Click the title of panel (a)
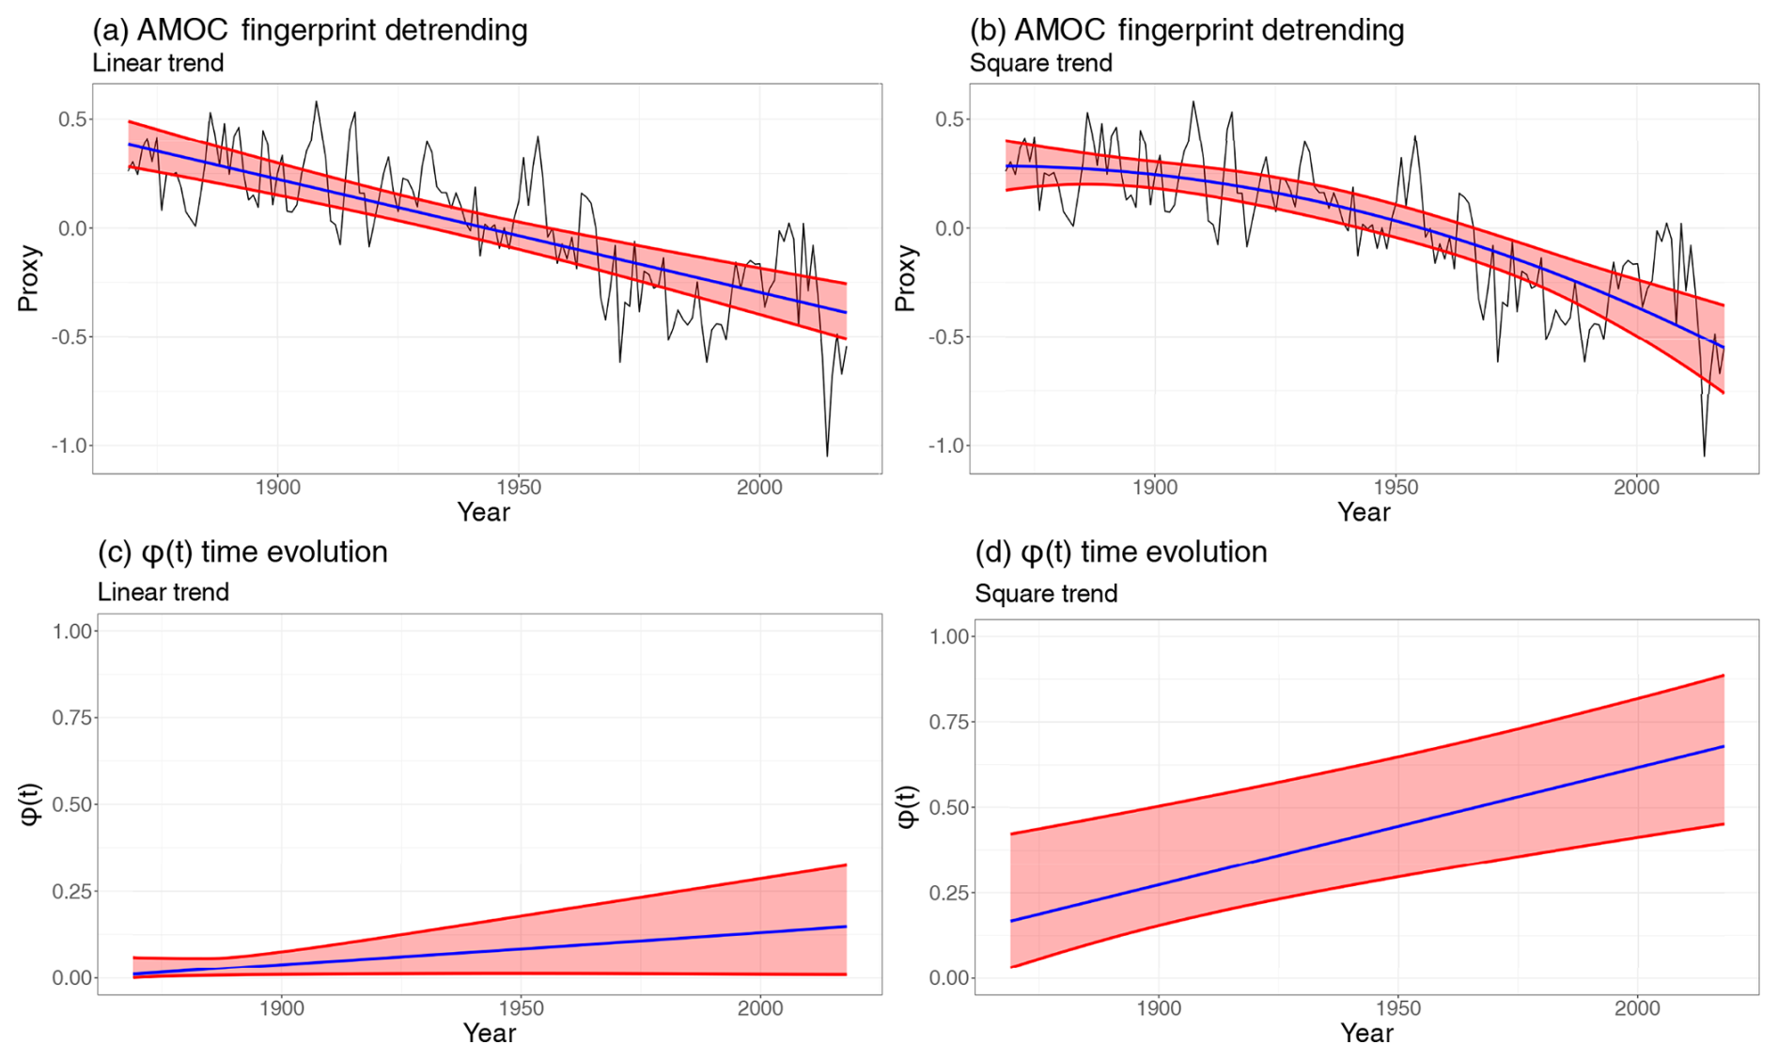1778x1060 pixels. [x=310, y=30]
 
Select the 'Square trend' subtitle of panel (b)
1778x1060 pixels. [x=1040, y=63]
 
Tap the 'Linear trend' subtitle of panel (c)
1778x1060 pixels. [x=163, y=592]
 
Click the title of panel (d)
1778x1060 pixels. [x=1120, y=552]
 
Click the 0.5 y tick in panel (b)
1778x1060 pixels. [x=949, y=119]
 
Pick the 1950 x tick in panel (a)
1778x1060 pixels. [x=519, y=487]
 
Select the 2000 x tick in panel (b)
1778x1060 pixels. [x=1637, y=487]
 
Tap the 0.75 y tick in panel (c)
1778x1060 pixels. [x=72, y=718]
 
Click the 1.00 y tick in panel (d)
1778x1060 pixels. [x=949, y=636]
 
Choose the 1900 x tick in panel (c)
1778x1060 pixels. [x=281, y=1008]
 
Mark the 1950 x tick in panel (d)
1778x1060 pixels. [x=1397, y=1008]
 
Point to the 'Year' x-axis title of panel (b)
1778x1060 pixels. [x=1364, y=512]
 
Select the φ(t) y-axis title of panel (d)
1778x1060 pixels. [x=906, y=806]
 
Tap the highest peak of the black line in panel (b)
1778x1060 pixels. [x=1193, y=101]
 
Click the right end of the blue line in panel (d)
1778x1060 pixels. [x=1723, y=746]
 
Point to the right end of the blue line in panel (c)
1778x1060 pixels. [x=846, y=927]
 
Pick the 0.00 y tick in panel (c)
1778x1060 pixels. [x=72, y=977]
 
